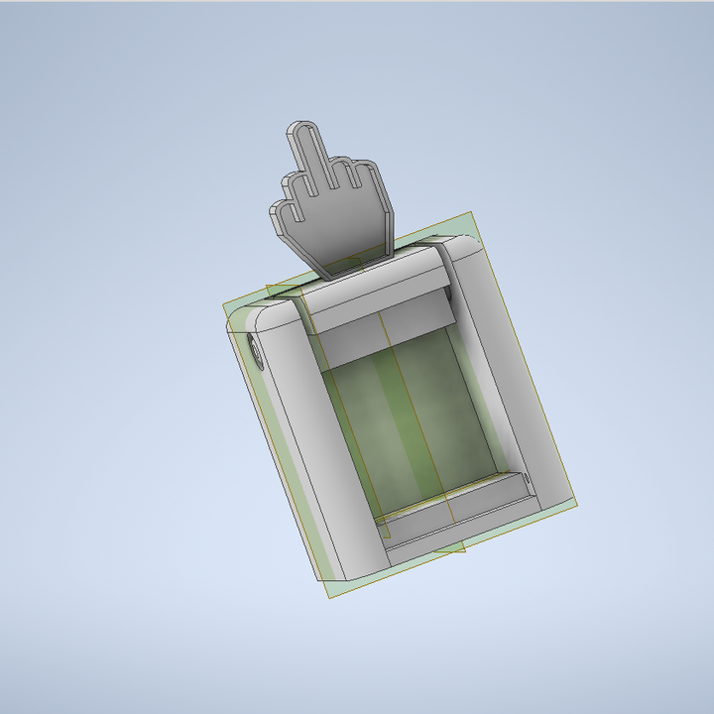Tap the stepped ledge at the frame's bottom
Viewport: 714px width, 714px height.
(456, 501)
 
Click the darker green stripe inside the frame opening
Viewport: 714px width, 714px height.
(397, 416)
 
